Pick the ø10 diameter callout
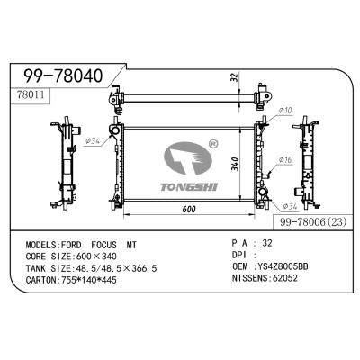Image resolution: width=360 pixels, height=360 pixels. pos(286,112)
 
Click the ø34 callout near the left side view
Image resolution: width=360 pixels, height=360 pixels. pos(92,139)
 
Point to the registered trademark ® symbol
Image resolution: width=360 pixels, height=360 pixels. pos(212,141)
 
